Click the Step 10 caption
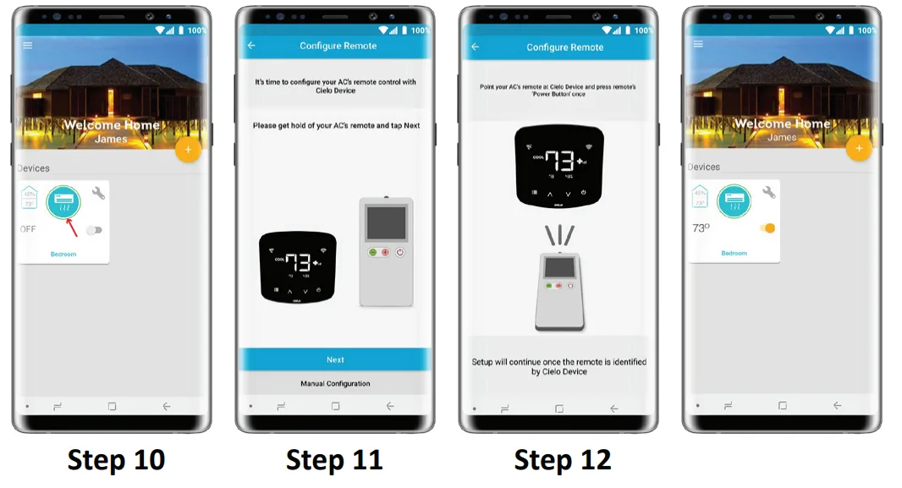click(x=116, y=460)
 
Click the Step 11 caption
click(x=334, y=460)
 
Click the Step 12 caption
click(x=563, y=460)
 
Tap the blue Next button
click(x=335, y=359)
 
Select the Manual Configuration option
click(x=335, y=384)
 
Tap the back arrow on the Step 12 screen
click(x=475, y=47)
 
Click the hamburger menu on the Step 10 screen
click(x=28, y=45)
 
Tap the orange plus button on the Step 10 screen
click(x=187, y=150)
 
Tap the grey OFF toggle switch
click(x=93, y=229)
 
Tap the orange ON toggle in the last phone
click(x=767, y=228)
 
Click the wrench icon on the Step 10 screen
click(x=98, y=193)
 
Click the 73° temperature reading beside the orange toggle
click(x=701, y=228)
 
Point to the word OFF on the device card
click(x=28, y=229)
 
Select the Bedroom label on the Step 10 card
click(x=63, y=254)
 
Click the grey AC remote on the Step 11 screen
click(x=385, y=251)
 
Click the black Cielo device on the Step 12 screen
click(x=560, y=165)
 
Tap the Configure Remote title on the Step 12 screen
click(x=564, y=47)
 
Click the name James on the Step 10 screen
click(x=111, y=139)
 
